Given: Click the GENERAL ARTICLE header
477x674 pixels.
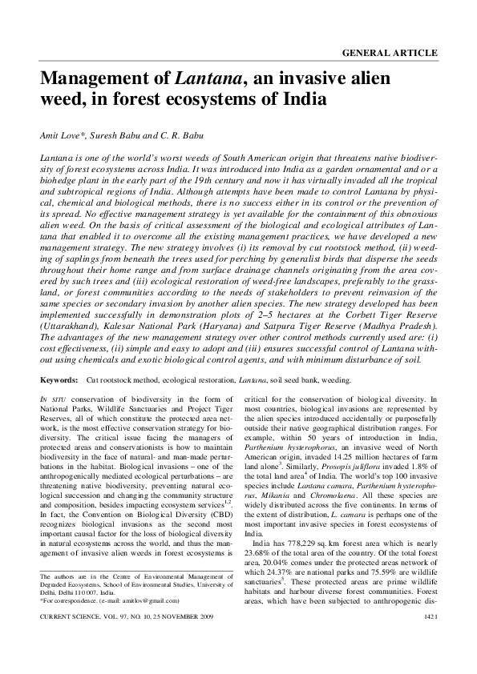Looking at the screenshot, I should tap(390, 53).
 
